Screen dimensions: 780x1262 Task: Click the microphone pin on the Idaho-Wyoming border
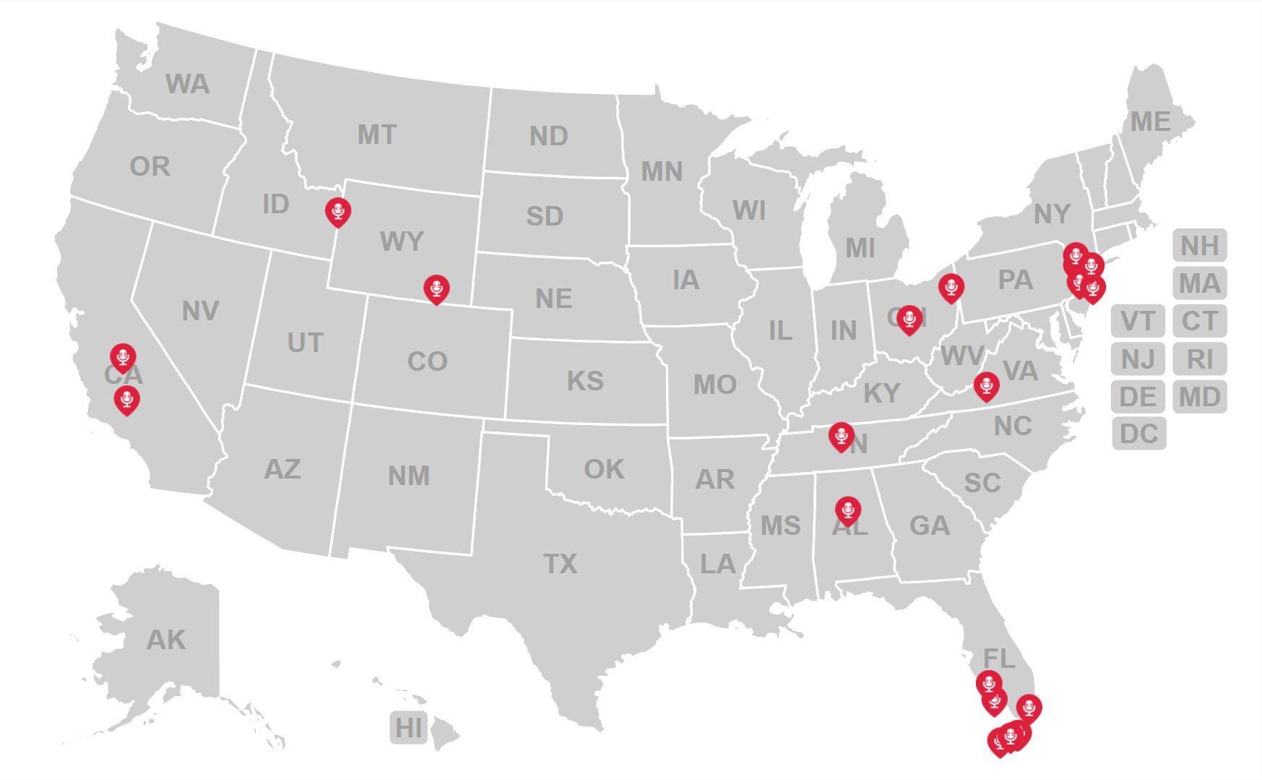(338, 211)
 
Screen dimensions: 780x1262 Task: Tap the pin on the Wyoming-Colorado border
(436, 288)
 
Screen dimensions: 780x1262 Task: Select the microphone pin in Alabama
(848, 509)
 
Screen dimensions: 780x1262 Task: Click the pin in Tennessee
(841, 435)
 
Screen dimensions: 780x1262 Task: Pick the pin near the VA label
(986, 385)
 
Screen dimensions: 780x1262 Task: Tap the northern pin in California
(123, 356)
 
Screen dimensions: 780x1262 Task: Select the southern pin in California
(127, 398)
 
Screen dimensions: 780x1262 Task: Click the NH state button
(1199, 246)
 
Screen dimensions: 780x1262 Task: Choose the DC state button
(1138, 434)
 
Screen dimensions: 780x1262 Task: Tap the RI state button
(1199, 359)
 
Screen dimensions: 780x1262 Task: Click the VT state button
(1138, 321)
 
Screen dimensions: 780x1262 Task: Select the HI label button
(409, 728)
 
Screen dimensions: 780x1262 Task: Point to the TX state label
(561, 563)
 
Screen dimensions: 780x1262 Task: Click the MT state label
(377, 134)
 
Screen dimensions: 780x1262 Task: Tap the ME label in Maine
(1150, 121)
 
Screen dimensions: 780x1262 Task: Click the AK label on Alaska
(166, 640)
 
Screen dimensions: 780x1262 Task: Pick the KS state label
(585, 381)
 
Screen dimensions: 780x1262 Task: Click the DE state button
(1138, 396)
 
